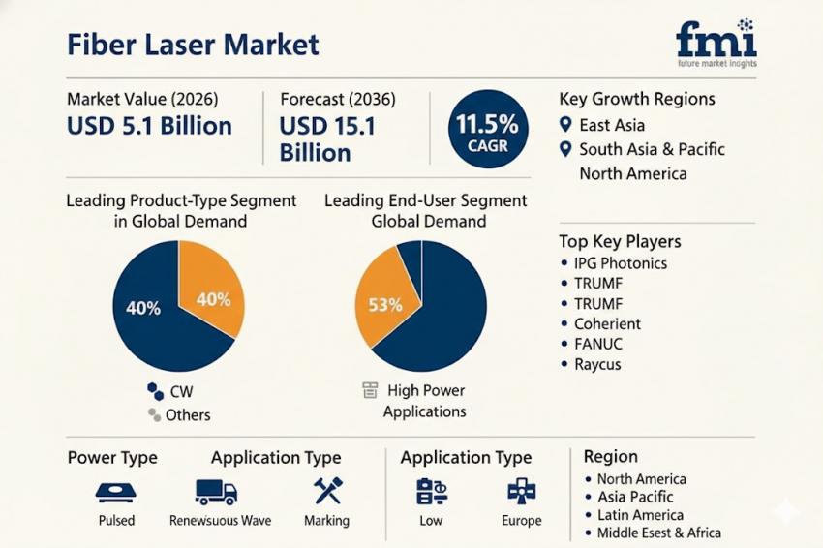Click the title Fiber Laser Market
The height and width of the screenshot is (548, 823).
pyautogui.click(x=193, y=44)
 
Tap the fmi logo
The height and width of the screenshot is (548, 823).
pyautogui.click(x=716, y=42)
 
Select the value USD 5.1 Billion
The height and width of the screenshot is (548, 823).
pyautogui.click(x=149, y=126)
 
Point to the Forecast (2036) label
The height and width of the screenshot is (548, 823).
pyautogui.click(x=337, y=99)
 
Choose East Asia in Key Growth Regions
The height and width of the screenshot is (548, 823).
pyautogui.click(x=611, y=125)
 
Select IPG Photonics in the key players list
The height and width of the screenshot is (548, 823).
pyautogui.click(x=620, y=262)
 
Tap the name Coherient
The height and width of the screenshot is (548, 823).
pyautogui.click(x=607, y=323)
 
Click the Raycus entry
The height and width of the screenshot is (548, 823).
pyautogui.click(x=597, y=364)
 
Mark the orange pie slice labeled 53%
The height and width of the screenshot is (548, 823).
pyautogui.click(x=384, y=302)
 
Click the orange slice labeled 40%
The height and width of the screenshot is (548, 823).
pyautogui.click(x=214, y=298)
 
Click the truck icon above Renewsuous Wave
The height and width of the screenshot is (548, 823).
pyautogui.click(x=216, y=492)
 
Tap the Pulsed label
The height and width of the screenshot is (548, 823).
pyautogui.click(x=116, y=520)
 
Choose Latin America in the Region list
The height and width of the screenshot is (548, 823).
pyautogui.click(x=639, y=515)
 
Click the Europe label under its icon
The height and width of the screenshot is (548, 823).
pyautogui.click(x=522, y=520)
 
